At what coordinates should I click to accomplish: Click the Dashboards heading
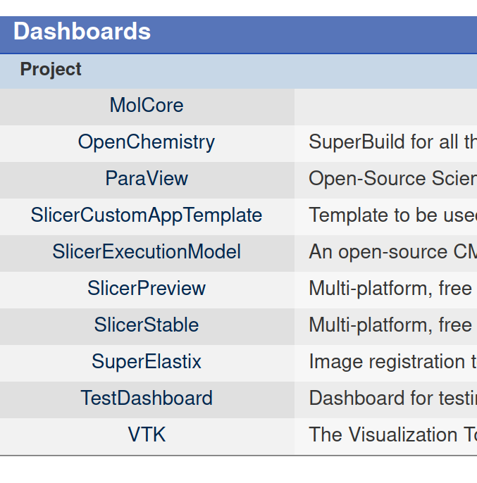(x=82, y=32)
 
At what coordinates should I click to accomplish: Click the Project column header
(x=51, y=70)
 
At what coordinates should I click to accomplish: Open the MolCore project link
(x=147, y=106)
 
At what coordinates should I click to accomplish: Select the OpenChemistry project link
(x=147, y=142)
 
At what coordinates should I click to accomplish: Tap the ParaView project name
(x=147, y=179)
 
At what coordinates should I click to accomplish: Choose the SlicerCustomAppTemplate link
(x=147, y=215)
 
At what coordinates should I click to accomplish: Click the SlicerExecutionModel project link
(x=147, y=252)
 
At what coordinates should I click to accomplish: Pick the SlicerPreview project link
(x=147, y=289)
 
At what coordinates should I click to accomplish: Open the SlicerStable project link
(x=147, y=325)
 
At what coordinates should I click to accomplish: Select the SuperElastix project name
(x=147, y=362)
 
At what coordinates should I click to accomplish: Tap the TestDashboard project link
(x=147, y=399)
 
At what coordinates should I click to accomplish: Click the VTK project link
(x=147, y=435)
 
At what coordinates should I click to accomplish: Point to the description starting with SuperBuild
(x=392, y=142)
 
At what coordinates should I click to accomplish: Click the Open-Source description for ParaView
(x=392, y=179)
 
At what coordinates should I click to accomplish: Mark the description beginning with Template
(x=392, y=215)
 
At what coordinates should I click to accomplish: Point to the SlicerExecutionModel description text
(x=392, y=252)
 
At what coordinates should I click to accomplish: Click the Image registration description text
(x=392, y=362)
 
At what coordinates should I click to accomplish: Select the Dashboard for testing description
(x=392, y=399)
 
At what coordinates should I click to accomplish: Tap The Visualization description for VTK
(x=392, y=435)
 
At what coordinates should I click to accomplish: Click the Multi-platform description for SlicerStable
(x=392, y=325)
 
